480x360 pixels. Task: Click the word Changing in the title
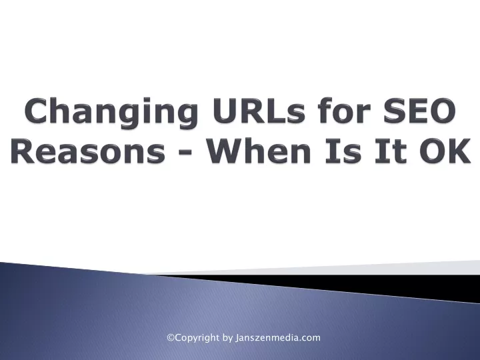tap(111, 113)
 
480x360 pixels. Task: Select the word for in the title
tap(344, 109)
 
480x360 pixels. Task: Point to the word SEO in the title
tap(420, 110)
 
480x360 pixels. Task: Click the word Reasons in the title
tap(89, 150)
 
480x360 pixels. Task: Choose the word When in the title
tap(259, 150)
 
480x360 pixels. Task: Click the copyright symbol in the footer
tap(171, 337)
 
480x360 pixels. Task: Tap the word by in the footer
tap(227, 338)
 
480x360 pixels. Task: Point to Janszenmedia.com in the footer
tap(277, 338)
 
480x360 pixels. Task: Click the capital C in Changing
tap(37, 110)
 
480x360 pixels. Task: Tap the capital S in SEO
tap(395, 110)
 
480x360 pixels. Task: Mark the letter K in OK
tap(459, 151)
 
